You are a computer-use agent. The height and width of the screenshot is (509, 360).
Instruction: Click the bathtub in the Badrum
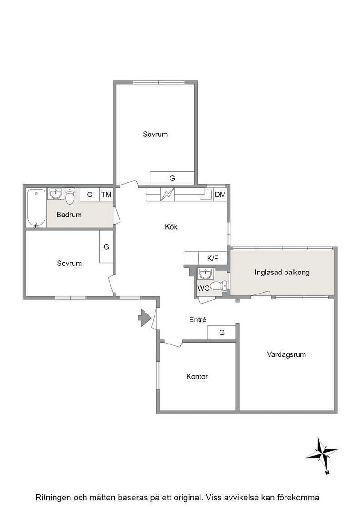(x=36, y=208)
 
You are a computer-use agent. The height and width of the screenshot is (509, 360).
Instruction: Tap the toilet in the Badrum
(x=70, y=195)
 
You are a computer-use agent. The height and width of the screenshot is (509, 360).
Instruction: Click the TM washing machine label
(x=106, y=195)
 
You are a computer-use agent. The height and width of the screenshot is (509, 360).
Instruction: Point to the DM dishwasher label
(x=220, y=195)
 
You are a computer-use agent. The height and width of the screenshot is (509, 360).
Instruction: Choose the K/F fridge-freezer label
(x=213, y=259)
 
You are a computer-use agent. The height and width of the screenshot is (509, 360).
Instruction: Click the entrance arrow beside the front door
(x=145, y=318)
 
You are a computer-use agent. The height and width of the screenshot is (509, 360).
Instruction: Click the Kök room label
(x=171, y=227)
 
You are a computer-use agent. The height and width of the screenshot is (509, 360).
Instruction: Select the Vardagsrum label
(x=286, y=354)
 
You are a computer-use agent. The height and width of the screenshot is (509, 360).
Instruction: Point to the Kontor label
(x=197, y=377)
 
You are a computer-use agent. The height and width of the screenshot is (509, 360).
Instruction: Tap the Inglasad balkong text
(x=282, y=272)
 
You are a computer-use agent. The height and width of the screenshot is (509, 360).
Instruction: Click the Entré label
(x=198, y=320)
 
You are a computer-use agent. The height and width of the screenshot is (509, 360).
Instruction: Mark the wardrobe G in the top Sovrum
(x=172, y=178)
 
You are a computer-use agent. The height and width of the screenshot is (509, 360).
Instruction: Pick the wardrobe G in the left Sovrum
(x=106, y=247)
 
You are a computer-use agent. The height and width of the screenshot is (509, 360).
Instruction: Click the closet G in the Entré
(x=222, y=332)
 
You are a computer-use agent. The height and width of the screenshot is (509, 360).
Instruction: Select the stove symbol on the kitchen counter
(x=168, y=195)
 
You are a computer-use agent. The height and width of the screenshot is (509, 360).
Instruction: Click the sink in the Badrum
(x=56, y=194)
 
